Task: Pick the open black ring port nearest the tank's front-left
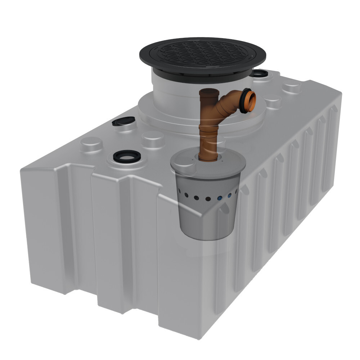pos(126,157)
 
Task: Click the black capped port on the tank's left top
pos(123,121)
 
